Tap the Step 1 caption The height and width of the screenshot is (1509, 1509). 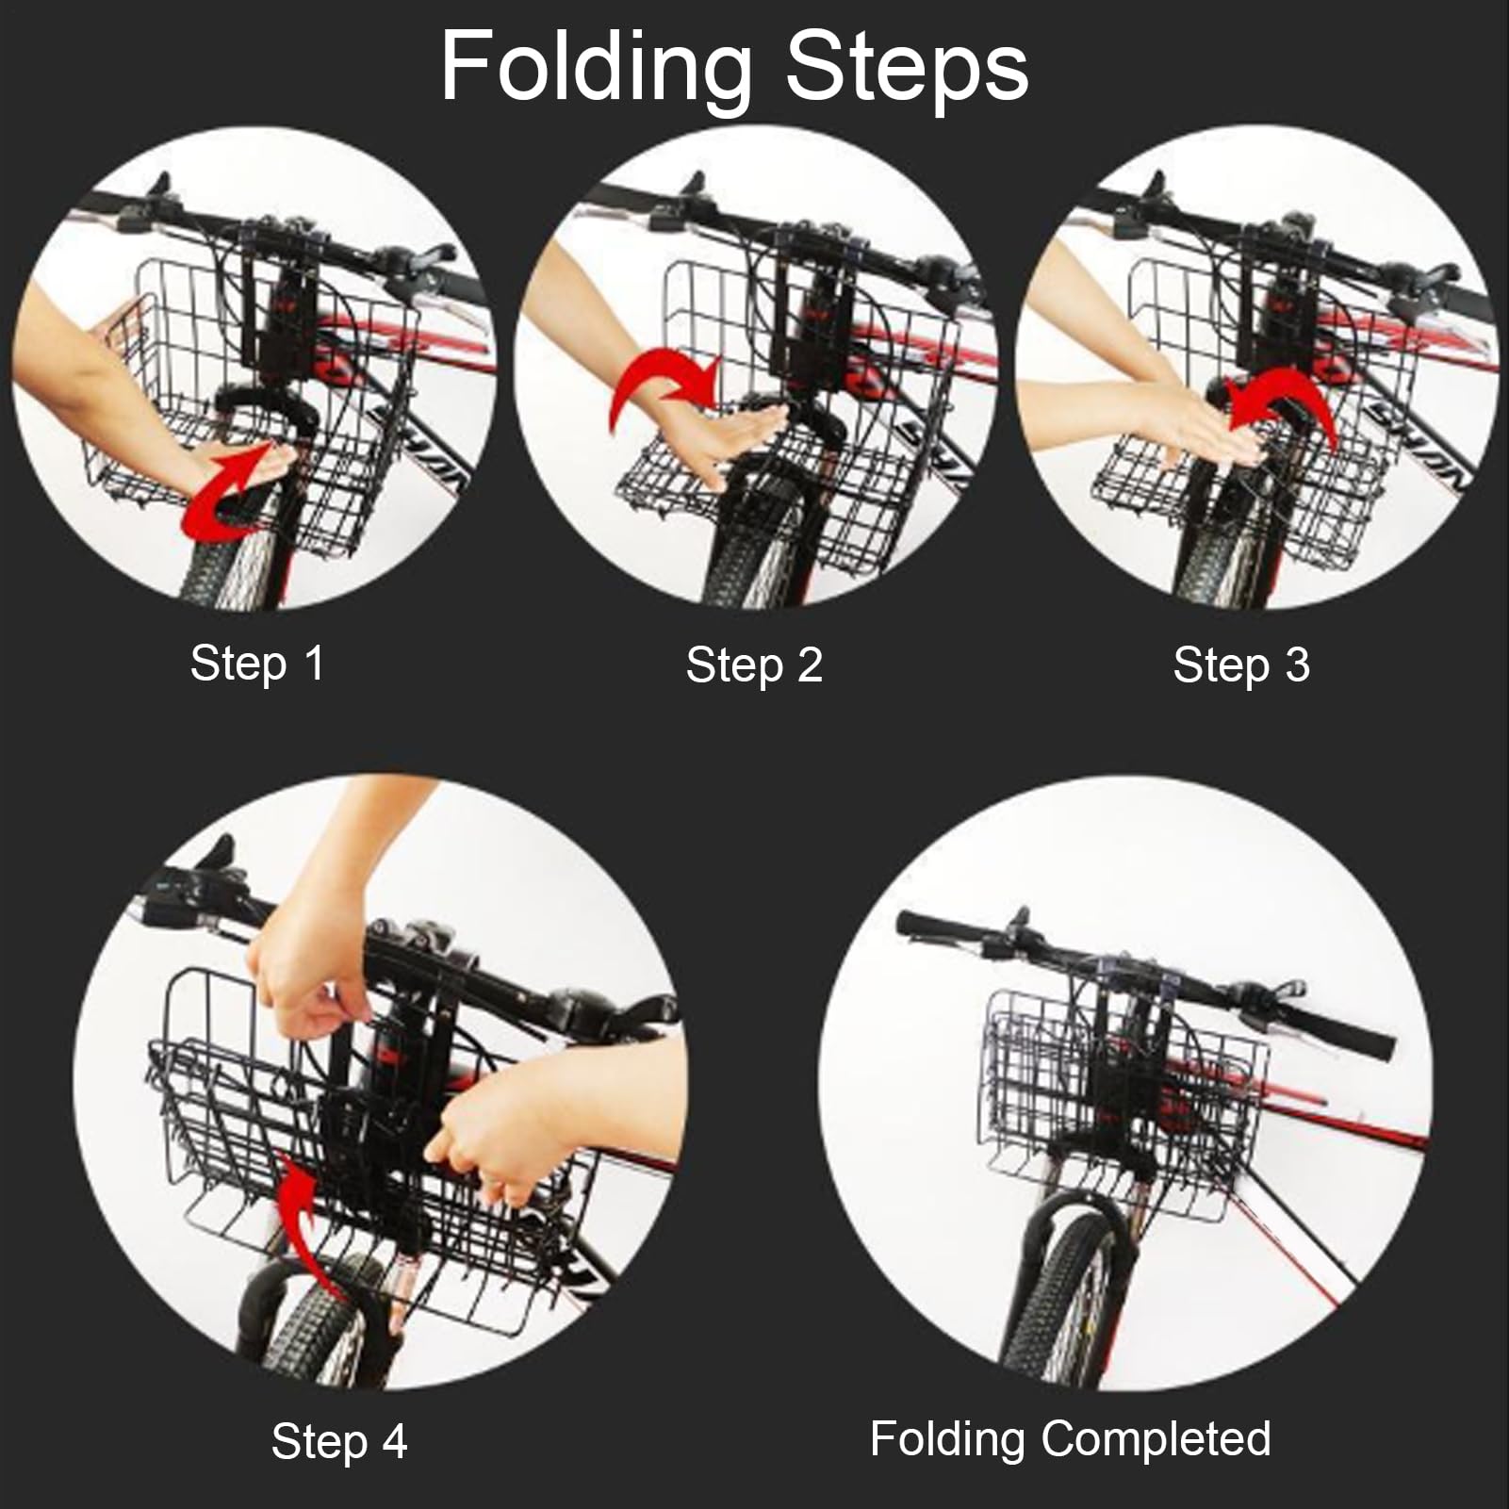coord(257,663)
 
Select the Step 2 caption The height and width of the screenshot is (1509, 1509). coord(754,664)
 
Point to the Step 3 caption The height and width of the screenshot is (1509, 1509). coord(1241,664)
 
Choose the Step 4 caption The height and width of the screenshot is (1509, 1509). coord(339,1441)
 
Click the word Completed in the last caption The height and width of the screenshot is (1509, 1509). coord(1156,1439)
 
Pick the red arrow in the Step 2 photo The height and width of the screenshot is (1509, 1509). coord(660,386)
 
